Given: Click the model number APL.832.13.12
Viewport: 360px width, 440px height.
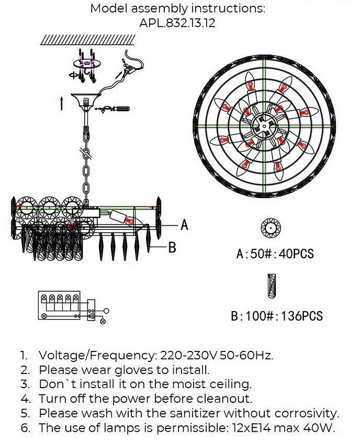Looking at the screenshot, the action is click(177, 23).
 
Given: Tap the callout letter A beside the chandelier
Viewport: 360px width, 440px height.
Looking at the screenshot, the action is click(184, 225).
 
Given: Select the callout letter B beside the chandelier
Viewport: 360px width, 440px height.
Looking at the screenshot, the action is click(172, 247).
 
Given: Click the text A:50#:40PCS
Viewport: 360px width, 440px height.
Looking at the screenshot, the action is click(275, 254).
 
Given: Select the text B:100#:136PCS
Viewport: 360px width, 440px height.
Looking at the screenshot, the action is click(277, 316).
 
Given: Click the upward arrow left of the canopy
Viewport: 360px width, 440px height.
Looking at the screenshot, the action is click(62, 103).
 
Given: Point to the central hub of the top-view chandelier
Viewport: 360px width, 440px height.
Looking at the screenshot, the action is click(263, 125).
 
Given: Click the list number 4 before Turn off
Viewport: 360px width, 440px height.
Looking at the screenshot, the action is click(24, 399).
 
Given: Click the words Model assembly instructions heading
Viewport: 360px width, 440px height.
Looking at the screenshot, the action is click(177, 8).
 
